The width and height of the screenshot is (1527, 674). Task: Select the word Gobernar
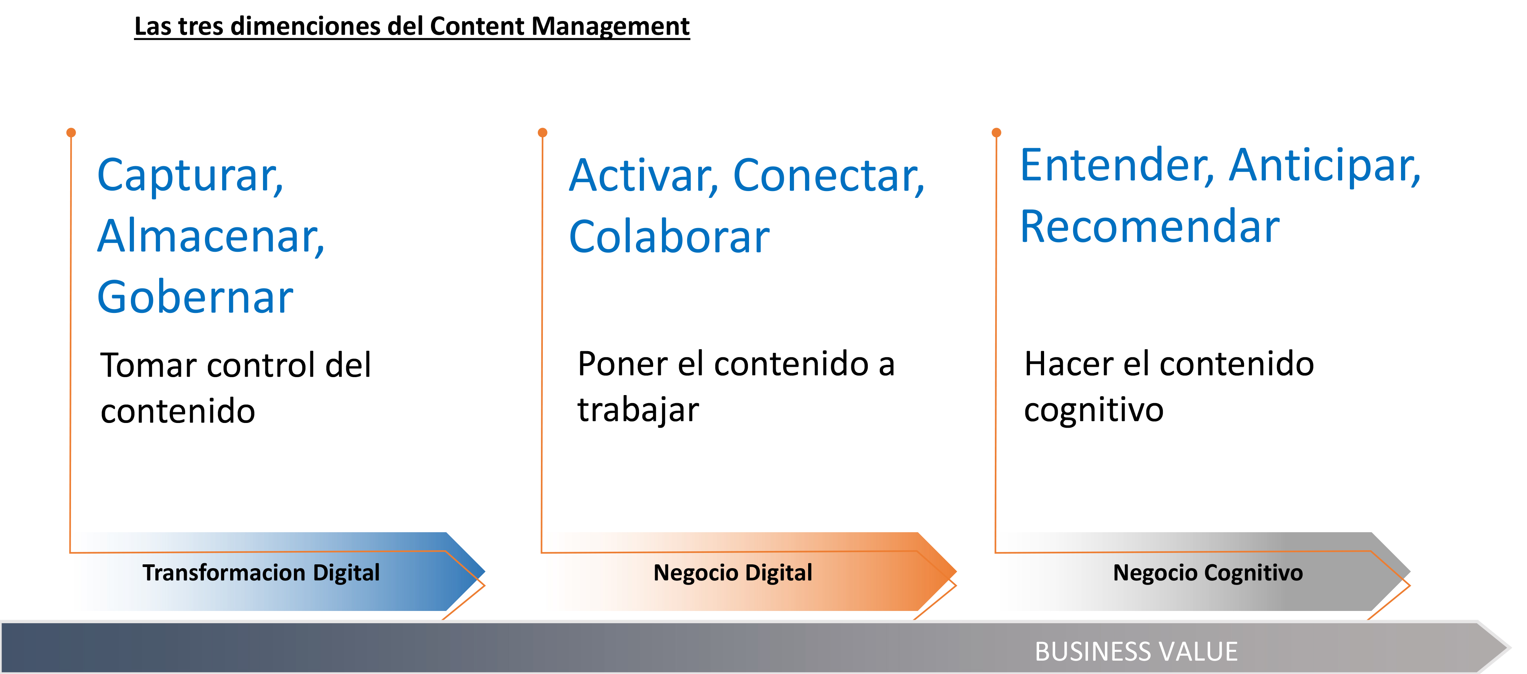point(195,296)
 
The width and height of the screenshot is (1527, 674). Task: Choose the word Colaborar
point(669,237)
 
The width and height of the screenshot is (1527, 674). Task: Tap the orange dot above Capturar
point(71,132)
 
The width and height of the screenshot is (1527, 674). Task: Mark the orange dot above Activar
point(542,132)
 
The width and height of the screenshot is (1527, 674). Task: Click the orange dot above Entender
point(996,132)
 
